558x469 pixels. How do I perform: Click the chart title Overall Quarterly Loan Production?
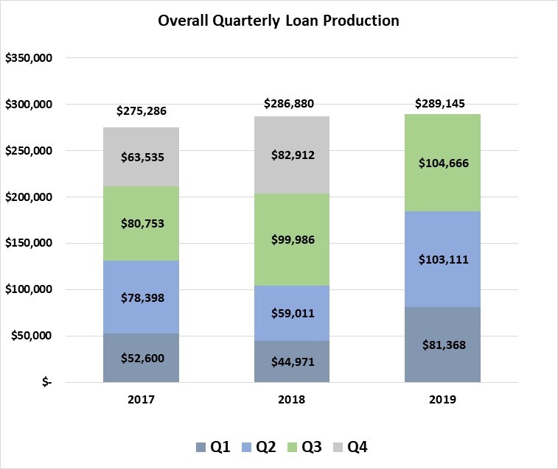[279, 21]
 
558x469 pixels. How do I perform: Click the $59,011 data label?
[292, 313]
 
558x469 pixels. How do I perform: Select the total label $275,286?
[142, 112]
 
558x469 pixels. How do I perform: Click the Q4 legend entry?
[349, 446]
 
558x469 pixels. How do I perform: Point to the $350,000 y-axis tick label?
[28, 58]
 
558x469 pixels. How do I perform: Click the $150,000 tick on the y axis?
[28, 244]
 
